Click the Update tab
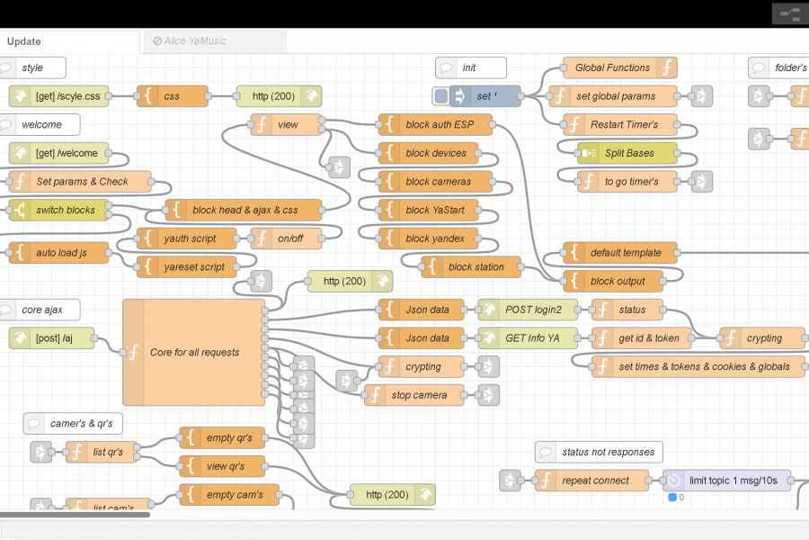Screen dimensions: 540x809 click(24, 41)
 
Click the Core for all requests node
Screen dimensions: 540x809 click(194, 352)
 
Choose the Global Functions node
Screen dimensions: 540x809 click(612, 67)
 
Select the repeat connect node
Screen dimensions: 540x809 click(595, 481)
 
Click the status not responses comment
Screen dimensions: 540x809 click(600, 452)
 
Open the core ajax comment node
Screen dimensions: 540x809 click(40, 310)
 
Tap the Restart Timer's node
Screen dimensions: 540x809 click(623, 124)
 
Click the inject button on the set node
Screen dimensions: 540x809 click(440, 96)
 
